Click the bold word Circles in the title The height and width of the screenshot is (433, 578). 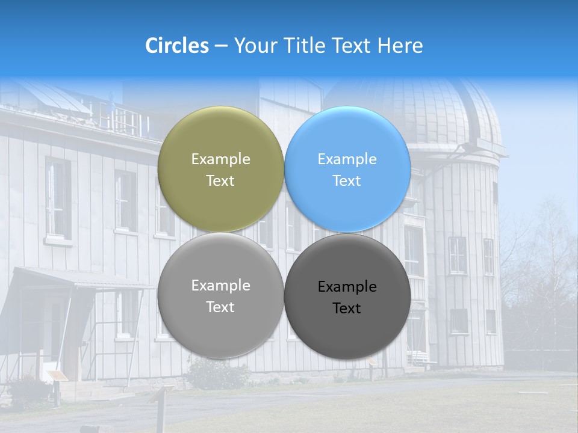point(176,46)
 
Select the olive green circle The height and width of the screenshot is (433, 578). point(220,169)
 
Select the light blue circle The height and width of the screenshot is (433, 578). point(347,169)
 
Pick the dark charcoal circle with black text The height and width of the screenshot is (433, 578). point(347,296)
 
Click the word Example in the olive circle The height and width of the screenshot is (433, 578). point(220,159)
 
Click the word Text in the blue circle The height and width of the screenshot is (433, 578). point(347,180)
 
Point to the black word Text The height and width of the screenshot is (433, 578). point(347,308)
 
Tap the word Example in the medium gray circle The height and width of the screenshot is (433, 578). point(220,286)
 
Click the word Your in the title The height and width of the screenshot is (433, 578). point(253,46)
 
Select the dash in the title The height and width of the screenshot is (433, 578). point(220,46)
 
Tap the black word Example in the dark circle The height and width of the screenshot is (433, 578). point(347,287)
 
